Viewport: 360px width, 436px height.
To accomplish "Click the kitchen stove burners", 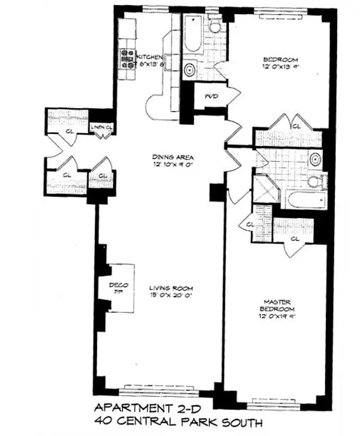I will pyautogui.click(x=127, y=59).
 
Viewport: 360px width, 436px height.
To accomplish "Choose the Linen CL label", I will pyautogui.click(x=102, y=127).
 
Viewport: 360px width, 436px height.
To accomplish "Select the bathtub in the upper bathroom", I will pyautogui.click(x=192, y=34).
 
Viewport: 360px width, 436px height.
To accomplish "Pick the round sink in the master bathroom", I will pyautogui.click(x=315, y=159).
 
